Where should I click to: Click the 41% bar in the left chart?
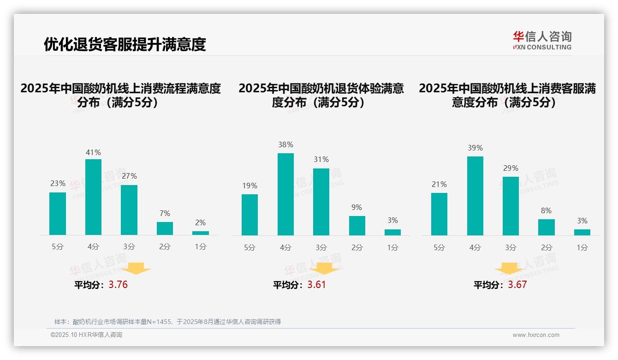(x=93, y=197)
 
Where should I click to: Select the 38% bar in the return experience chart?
(x=285, y=194)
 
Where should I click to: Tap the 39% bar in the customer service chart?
(x=475, y=196)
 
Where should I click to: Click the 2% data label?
(x=200, y=222)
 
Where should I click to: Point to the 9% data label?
(x=357, y=208)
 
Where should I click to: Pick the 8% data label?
(x=546, y=210)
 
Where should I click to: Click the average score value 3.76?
(x=118, y=285)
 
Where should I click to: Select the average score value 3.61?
(x=316, y=285)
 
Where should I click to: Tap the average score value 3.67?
(x=517, y=285)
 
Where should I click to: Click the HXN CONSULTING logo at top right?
(x=542, y=41)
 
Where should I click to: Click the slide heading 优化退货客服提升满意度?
(x=125, y=44)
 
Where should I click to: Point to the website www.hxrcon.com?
(x=536, y=335)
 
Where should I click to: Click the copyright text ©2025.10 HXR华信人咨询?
(x=86, y=335)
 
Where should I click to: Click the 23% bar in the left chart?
(x=58, y=214)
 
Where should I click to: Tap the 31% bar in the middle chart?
(x=321, y=202)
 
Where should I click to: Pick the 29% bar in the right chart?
(x=511, y=206)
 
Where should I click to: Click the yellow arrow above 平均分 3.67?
(x=509, y=269)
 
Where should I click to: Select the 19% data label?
(x=250, y=186)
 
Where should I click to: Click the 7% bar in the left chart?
(x=165, y=228)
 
